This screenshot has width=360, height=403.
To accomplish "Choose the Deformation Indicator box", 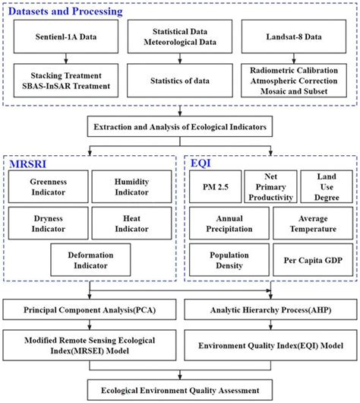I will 89,261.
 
